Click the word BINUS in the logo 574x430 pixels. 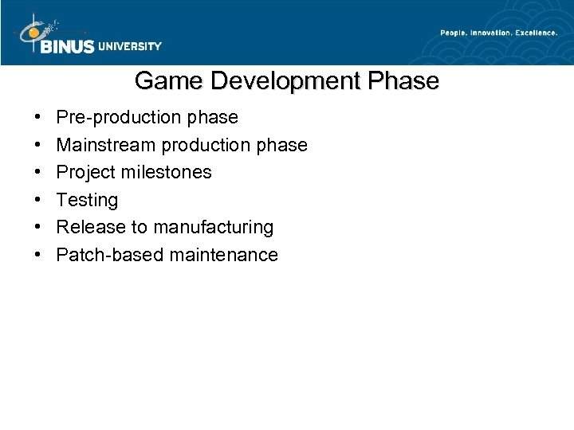coord(67,46)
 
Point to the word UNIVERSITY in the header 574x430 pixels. coord(130,46)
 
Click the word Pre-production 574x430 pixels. coord(118,118)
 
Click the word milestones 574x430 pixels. coord(169,172)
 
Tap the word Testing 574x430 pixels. coord(87,200)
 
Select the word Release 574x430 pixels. coord(91,227)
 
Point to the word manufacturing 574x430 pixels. coord(213,228)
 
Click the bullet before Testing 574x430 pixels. coord(40,200)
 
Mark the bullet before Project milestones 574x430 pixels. coord(40,173)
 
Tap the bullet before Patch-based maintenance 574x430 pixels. coord(40,255)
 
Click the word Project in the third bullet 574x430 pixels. coord(86,173)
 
